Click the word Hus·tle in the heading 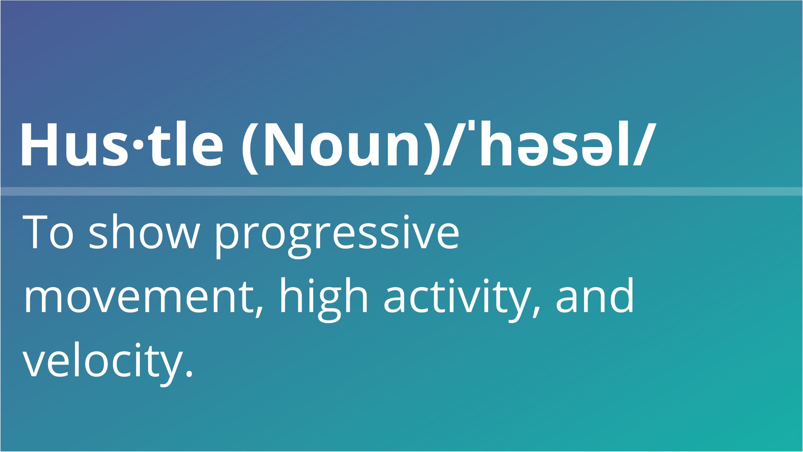click(x=122, y=144)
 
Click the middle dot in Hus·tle click(x=138, y=145)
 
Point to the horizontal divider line click(x=401, y=191)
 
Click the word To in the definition click(x=48, y=232)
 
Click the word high click(x=324, y=300)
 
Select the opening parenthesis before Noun click(x=250, y=149)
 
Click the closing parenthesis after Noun click(x=432, y=149)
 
